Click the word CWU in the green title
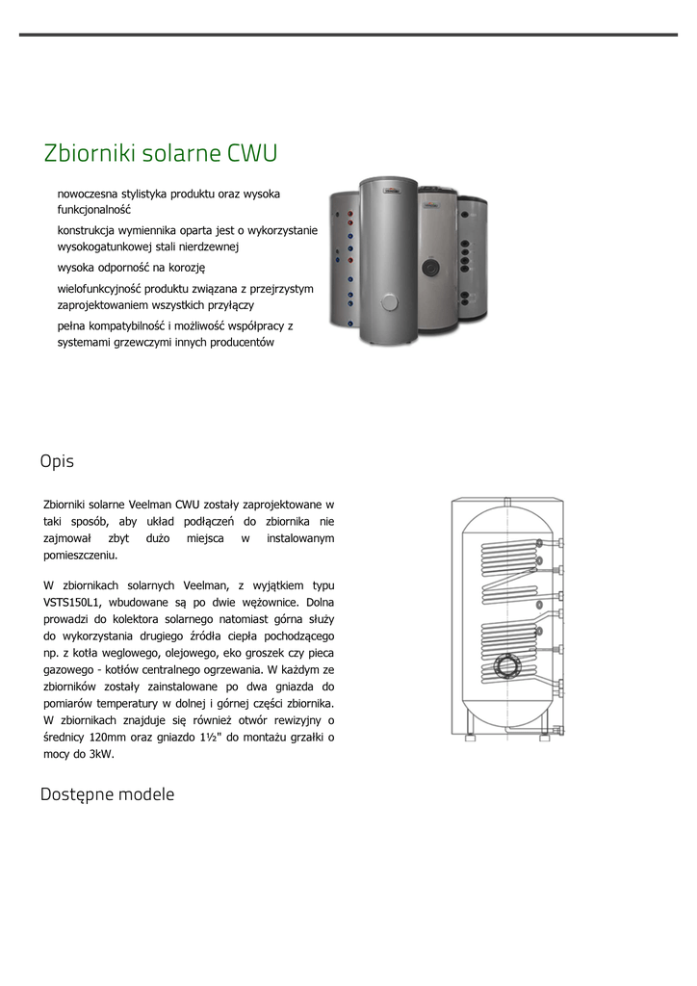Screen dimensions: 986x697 click(252, 153)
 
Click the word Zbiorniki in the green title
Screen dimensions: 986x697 click(88, 153)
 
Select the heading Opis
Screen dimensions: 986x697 click(57, 461)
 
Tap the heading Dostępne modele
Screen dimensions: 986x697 click(107, 794)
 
